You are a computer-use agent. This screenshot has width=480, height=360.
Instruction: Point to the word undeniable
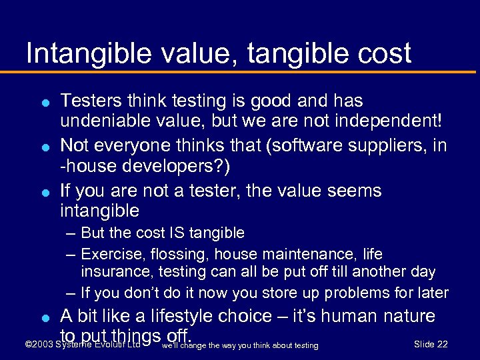(107, 121)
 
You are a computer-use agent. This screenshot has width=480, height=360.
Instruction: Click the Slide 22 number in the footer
(431, 344)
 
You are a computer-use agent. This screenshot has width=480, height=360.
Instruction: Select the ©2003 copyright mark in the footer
(39, 345)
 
